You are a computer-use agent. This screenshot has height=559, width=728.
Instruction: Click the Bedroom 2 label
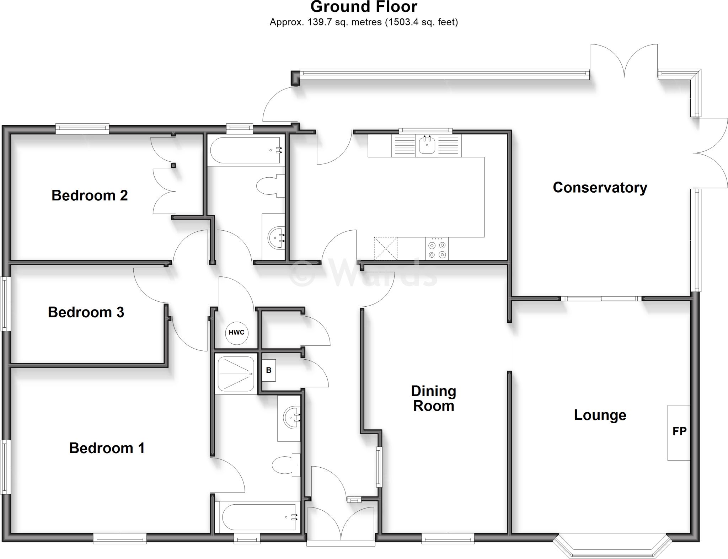pos(90,196)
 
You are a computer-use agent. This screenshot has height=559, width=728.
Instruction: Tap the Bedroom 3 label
pos(86,312)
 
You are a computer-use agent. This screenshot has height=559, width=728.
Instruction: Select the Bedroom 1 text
pos(107,448)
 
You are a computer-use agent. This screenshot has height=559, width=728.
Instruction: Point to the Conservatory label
pos(600,188)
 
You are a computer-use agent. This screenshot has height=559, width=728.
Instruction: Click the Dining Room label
pos(434,398)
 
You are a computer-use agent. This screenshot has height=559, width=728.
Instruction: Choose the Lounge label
pos(600,415)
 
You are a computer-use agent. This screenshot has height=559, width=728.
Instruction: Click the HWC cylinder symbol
pos(237,333)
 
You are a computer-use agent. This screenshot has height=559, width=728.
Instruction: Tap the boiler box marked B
pos(269,370)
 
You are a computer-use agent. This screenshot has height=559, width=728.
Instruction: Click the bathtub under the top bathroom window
pos(246,151)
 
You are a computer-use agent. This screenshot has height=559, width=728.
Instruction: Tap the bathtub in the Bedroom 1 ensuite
pos(259,517)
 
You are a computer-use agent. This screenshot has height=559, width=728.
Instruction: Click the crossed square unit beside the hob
pos(385,248)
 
